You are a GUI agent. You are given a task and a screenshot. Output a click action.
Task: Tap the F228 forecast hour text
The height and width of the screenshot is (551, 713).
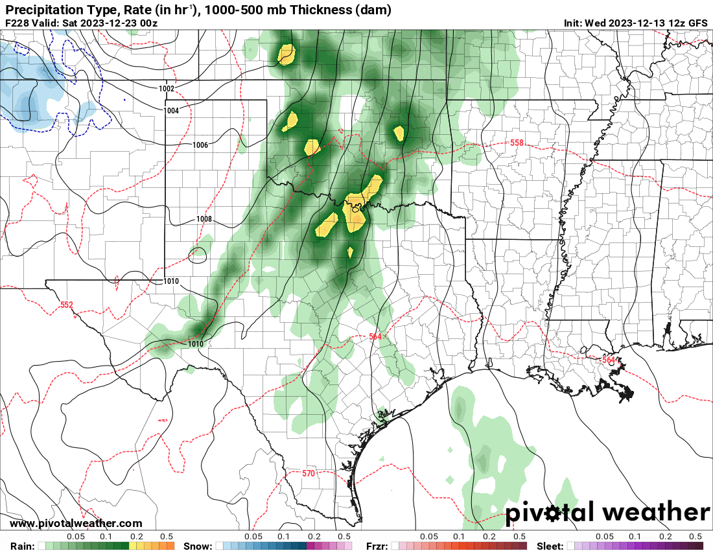point(17,23)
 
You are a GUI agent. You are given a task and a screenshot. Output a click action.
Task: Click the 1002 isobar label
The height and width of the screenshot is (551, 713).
point(167,88)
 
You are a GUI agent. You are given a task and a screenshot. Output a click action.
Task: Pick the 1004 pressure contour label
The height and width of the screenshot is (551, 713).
point(171,111)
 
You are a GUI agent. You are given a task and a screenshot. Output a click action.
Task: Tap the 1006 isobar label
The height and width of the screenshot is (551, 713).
point(200,145)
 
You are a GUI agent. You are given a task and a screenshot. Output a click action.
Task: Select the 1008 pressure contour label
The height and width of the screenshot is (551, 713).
point(204,219)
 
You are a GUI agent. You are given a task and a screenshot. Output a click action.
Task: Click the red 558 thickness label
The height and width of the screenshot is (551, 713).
point(516,143)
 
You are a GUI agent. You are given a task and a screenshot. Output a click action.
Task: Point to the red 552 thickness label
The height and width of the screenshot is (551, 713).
point(67,305)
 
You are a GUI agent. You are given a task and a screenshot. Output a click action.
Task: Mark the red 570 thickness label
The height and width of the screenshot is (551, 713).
point(309,474)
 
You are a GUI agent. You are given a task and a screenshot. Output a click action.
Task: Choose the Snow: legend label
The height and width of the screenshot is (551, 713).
point(198,546)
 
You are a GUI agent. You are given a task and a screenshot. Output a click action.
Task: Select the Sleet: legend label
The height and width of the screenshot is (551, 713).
point(550,546)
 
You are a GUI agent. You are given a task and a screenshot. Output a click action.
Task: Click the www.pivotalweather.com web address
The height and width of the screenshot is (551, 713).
point(76,524)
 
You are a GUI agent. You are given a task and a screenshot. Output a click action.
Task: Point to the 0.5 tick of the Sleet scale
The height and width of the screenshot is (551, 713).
point(695,537)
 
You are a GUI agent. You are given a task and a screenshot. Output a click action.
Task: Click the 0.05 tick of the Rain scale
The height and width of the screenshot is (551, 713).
point(76,537)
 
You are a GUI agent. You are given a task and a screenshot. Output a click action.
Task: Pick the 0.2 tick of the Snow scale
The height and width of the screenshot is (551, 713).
point(314,537)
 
